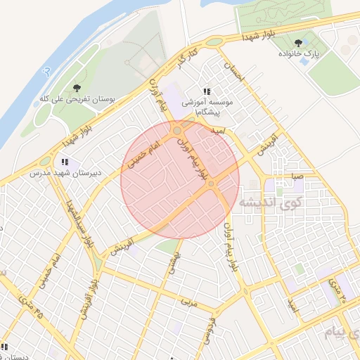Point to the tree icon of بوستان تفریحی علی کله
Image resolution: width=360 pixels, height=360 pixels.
tap(77, 88)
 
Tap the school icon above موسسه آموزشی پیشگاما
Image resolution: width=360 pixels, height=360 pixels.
tap(207, 91)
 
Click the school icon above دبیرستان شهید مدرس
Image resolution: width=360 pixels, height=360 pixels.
tap(65, 162)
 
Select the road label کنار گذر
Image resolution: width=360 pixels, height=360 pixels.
tap(184, 58)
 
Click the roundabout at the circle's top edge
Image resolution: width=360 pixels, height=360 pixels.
tap(179, 130)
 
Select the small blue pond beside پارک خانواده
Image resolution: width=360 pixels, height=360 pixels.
tap(303, 62)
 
